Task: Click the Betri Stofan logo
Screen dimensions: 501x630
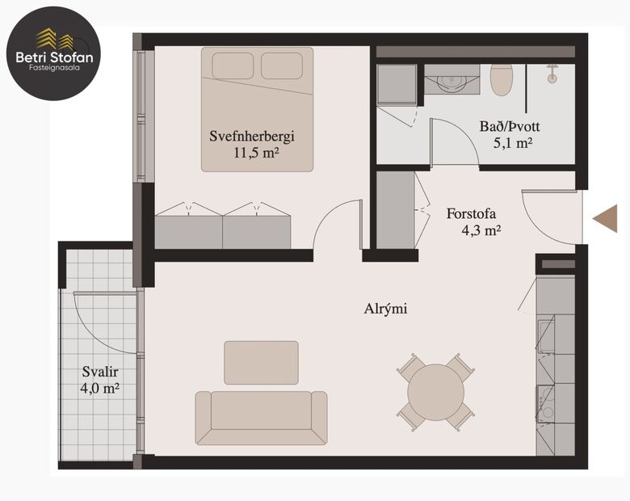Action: [54, 53]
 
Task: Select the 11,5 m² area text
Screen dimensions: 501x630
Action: [256, 152]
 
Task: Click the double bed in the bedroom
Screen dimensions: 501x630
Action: [257, 109]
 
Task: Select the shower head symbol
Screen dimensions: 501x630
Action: [552, 74]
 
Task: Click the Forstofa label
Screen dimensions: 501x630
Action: [470, 214]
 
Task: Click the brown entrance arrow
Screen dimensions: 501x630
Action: [604, 218]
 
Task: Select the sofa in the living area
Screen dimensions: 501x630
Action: [261, 417]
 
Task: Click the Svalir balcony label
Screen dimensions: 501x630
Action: [98, 373]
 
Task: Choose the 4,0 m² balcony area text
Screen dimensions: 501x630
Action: [101, 389]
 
